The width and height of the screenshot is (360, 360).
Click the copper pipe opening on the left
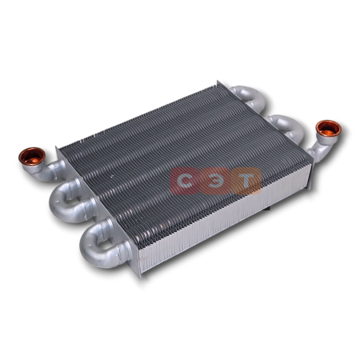(31, 157)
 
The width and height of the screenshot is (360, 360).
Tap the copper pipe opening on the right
(328, 129)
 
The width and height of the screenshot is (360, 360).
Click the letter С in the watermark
(185, 181)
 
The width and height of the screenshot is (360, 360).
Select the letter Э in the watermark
(215, 181)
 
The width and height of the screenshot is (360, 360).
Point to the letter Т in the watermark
(246, 181)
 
